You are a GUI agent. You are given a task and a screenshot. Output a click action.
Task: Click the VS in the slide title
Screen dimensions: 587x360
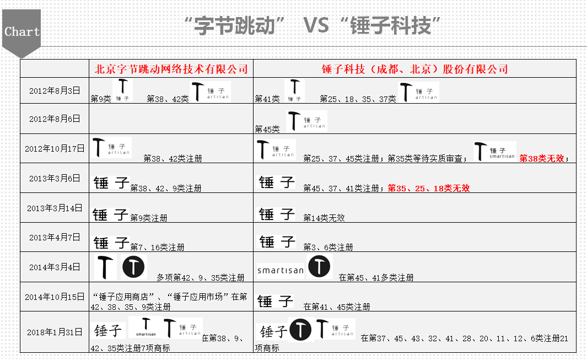point(316,25)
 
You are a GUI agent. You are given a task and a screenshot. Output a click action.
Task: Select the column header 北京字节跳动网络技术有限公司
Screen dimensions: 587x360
point(171,69)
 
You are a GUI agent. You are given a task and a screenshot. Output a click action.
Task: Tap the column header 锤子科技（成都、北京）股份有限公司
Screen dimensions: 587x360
point(414,69)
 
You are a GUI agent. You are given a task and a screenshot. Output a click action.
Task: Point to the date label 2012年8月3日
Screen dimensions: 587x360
point(55,90)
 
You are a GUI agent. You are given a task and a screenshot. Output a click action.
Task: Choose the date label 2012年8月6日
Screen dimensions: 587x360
point(55,119)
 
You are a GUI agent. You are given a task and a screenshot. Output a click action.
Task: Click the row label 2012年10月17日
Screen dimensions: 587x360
point(55,149)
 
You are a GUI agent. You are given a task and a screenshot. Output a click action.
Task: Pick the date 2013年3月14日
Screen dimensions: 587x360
point(55,208)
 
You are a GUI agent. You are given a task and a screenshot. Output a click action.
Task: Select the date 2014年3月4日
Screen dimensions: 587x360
point(55,267)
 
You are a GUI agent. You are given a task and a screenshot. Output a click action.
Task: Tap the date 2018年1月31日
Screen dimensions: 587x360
point(55,332)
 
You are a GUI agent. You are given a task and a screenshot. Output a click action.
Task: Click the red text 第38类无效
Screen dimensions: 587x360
point(542,158)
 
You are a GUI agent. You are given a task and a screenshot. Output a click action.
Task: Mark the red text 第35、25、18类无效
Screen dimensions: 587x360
point(429,189)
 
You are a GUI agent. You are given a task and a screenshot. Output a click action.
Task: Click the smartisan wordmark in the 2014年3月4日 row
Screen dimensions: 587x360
point(281,270)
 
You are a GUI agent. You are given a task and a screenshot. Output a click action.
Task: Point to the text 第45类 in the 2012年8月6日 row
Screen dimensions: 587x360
point(267,129)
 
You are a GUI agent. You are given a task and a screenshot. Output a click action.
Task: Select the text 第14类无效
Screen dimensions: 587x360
point(324,218)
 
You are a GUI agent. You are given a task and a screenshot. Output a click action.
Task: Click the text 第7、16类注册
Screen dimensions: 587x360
point(157,248)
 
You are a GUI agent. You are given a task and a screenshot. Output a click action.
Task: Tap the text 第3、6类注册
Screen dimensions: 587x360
point(328,248)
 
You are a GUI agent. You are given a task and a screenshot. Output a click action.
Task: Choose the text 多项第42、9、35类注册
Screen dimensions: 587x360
point(200,278)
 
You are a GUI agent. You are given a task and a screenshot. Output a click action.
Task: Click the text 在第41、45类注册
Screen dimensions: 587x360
point(337,307)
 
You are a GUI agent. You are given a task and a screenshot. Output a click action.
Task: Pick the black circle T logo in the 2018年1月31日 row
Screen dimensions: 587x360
point(300,330)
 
